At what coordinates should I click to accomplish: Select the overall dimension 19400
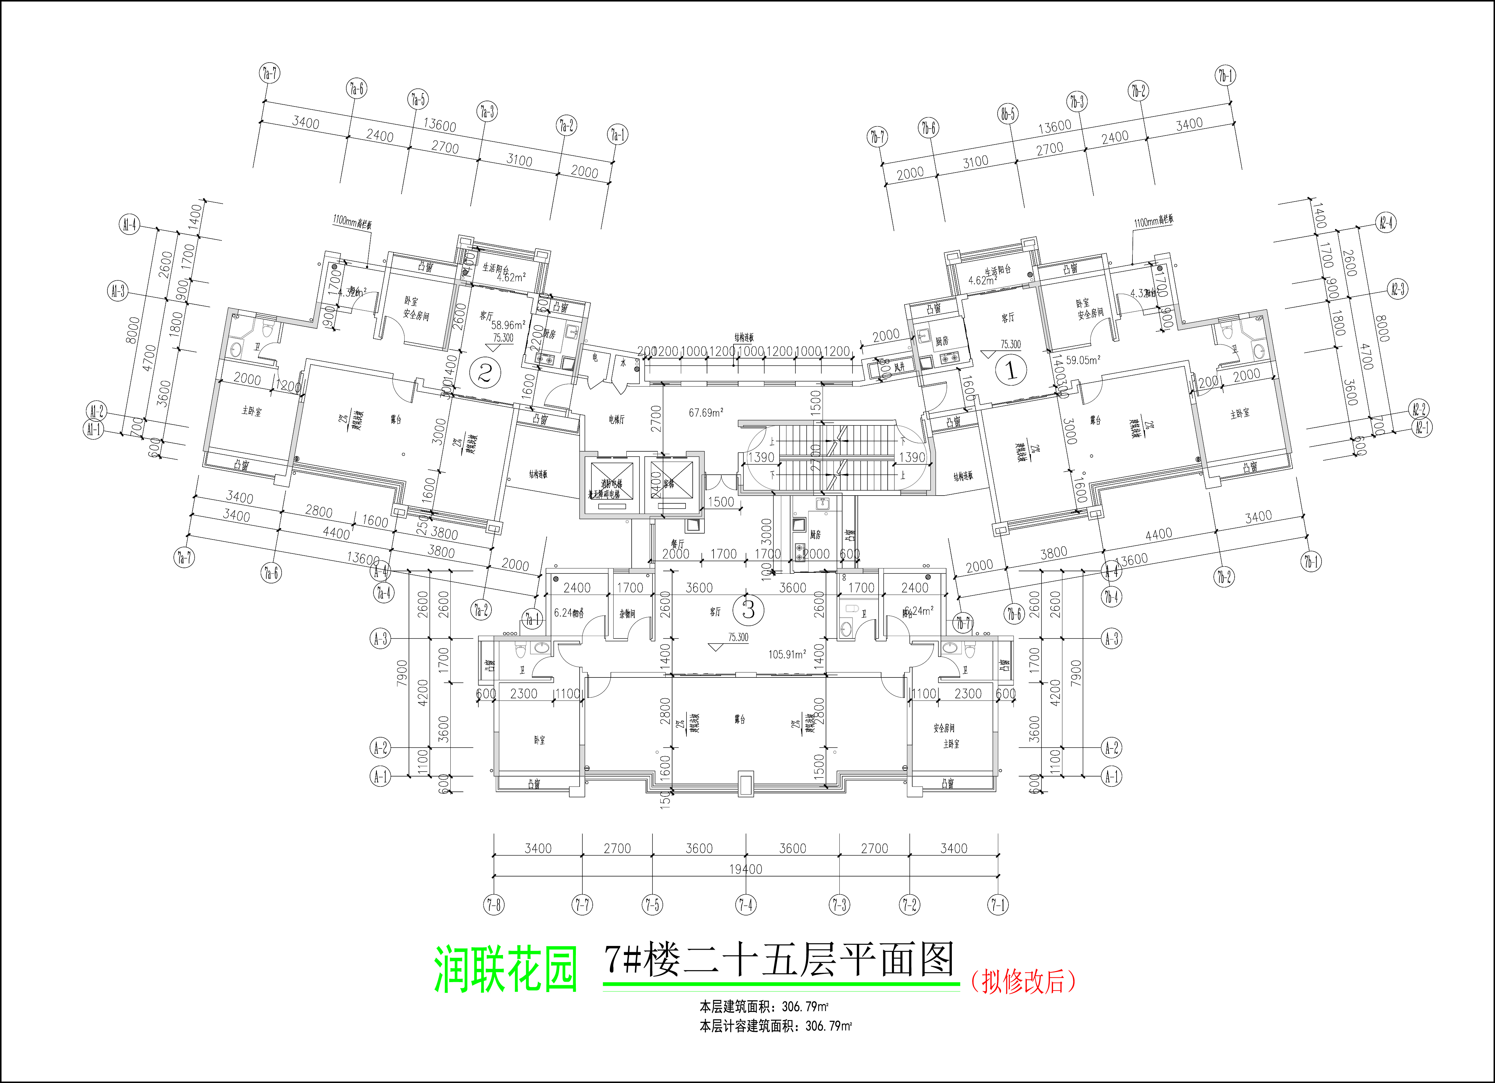point(746,869)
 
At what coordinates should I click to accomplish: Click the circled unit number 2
point(485,374)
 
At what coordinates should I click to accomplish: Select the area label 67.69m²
point(706,413)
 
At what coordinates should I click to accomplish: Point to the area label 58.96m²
point(508,325)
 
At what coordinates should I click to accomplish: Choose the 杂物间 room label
point(627,614)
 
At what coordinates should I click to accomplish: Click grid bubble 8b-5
point(1008,114)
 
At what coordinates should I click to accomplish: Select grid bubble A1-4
point(130,225)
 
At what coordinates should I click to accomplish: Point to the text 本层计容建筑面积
point(749,1026)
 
